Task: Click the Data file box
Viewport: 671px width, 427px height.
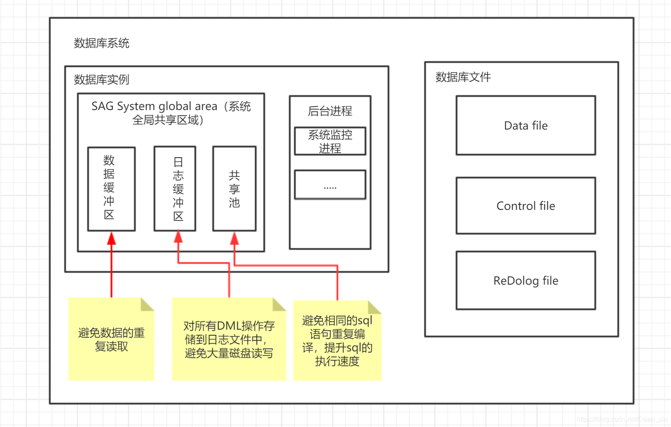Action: pos(525,125)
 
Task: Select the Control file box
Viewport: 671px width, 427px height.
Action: pos(525,206)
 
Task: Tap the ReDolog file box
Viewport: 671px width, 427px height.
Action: pos(525,280)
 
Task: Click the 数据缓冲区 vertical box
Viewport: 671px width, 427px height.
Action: pos(111,189)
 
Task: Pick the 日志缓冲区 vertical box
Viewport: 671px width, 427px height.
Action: pos(175,189)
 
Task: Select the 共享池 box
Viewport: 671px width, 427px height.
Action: pos(234,189)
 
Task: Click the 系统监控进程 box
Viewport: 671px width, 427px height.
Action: pos(330,141)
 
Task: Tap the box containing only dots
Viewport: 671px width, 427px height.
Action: pos(330,185)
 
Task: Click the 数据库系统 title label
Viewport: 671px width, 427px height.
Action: pos(101,43)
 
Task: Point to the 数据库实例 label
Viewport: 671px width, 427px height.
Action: pos(101,79)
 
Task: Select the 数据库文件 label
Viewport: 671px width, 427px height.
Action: pos(463,77)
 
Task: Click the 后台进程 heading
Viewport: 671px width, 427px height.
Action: pos(330,111)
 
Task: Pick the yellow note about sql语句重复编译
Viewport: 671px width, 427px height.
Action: pos(337,341)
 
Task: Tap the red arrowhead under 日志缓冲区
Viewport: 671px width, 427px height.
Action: pos(178,237)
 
